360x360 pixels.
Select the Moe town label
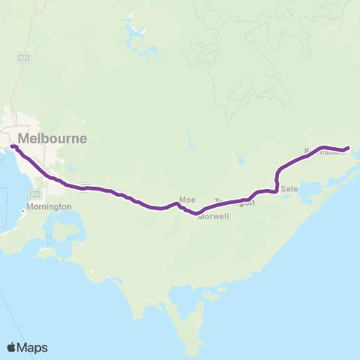[187, 199]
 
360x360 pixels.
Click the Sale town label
[289, 189]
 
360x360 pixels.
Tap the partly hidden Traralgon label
[235, 202]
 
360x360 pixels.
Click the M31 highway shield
[22, 57]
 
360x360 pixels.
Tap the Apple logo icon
[12, 346]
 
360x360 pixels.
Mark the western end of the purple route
[13, 145]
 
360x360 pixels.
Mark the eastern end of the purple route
[348, 148]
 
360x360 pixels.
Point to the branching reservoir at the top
[137, 34]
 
